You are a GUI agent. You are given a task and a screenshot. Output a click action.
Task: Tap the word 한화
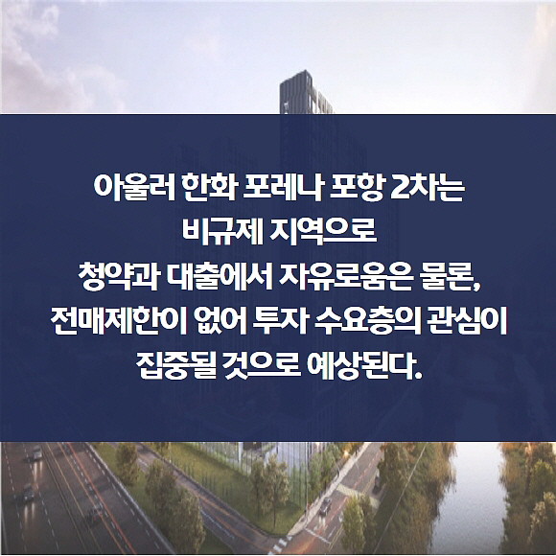pos(211,187)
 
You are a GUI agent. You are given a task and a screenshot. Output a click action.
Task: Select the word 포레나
pos(283,187)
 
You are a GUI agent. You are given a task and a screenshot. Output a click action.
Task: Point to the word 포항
pos(356,187)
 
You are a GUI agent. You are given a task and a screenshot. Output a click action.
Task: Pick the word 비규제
pos(222,232)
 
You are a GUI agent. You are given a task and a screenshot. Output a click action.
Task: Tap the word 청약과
pos(118,277)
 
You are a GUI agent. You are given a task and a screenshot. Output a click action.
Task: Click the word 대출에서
pos(220,277)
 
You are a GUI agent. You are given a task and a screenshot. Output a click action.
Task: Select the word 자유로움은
pos(346,277)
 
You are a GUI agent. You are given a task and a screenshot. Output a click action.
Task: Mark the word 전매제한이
pos(119,321)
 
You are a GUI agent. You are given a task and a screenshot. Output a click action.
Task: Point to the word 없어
pos(220,321)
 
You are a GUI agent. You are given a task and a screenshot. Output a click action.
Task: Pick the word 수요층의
pos(367,321)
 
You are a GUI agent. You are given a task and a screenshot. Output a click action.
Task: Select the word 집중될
pos(176,366)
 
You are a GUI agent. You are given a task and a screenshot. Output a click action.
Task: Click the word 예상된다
pos(365,366)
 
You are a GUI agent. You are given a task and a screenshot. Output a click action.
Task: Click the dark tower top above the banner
pos(305,93)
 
